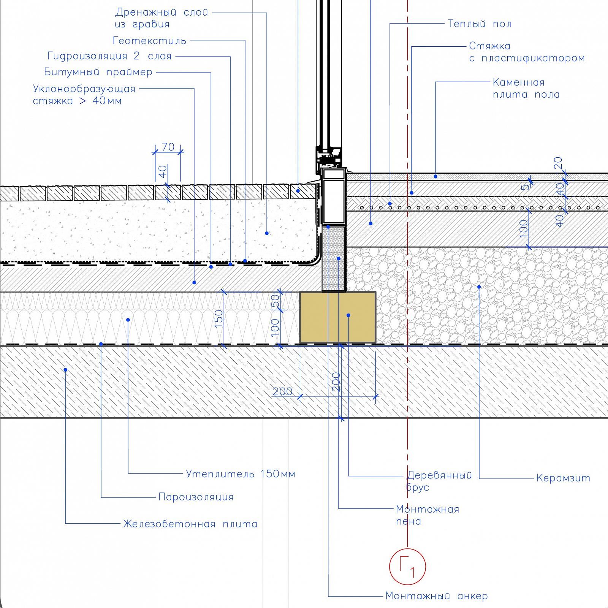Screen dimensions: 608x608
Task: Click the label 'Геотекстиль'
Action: pos(150,41)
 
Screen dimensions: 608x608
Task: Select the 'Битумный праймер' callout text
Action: pos(98,72)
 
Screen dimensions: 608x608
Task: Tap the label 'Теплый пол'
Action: pos(480,24)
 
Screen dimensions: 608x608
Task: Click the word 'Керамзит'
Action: pos(563,478)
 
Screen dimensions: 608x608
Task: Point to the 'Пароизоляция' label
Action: pos(196,497)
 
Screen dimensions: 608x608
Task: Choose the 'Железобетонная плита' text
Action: pos(190,524)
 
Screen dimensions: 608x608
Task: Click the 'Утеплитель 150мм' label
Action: pos(240,474)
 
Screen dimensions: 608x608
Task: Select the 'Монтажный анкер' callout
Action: pos(437,596)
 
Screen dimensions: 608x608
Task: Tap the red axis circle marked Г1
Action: pos(407,567)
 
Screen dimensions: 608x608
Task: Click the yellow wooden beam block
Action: pos(337,318)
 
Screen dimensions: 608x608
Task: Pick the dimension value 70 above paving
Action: pos(168,147)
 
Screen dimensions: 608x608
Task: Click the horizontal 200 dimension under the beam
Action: pos(283,391)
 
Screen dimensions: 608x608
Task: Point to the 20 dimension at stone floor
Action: pos(558,163)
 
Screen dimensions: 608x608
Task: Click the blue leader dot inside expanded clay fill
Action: pos(479,287)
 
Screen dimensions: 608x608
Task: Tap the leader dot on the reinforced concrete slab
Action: pos(65,370)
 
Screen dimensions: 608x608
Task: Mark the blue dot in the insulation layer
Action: pos(128,320)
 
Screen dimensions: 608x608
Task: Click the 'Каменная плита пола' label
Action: pos(526,88)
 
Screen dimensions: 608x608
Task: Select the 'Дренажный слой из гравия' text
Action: pos(161,18)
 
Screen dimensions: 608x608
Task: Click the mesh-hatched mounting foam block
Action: pos(334,258)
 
